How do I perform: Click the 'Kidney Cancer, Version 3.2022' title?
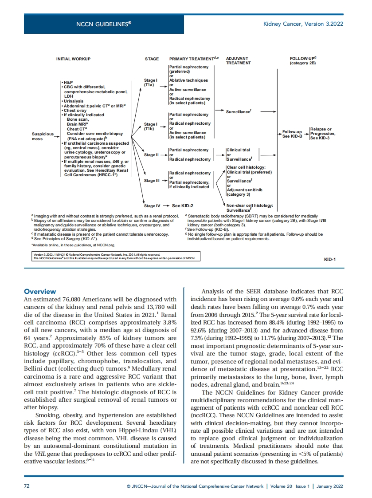303,24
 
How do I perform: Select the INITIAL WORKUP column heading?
73,59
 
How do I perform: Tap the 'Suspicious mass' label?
42,136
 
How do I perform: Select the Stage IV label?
152,206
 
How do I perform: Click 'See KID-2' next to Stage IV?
182,206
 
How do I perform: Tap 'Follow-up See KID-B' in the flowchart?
292,134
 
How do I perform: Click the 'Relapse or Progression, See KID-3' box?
323,134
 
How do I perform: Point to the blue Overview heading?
40,292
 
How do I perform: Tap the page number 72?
26,486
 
